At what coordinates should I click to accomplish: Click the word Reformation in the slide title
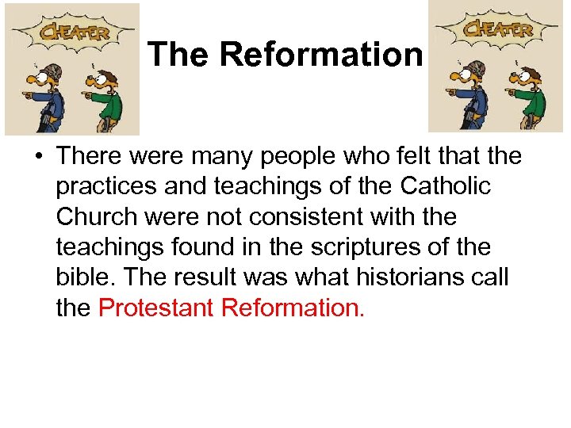click(x=321, y=55)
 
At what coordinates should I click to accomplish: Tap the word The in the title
click(x=179, y=55)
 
